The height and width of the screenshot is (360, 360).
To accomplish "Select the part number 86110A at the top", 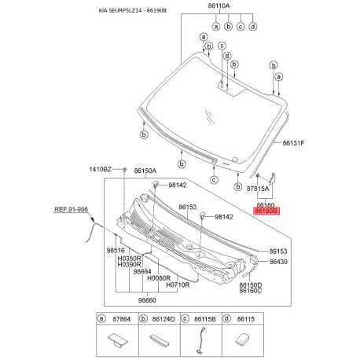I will [219, 6].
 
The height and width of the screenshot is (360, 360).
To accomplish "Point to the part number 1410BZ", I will [100, 170].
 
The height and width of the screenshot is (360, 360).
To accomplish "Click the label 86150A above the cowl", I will [145, 170].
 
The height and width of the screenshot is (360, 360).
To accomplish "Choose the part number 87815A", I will [258, 189].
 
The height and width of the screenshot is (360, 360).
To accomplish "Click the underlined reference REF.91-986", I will [71, 210].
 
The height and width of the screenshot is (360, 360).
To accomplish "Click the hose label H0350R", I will [129, 258].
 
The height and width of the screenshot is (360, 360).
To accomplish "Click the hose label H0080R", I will [160, 278].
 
